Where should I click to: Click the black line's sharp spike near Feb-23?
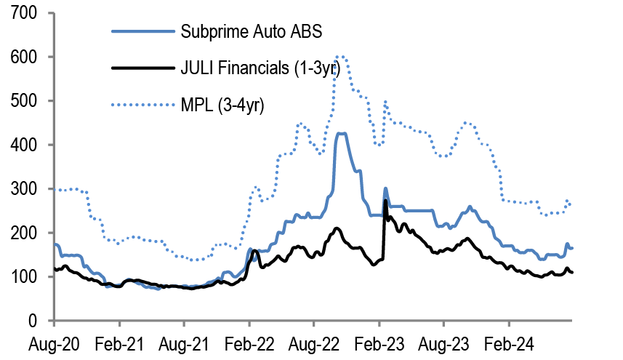click(385, 201)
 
